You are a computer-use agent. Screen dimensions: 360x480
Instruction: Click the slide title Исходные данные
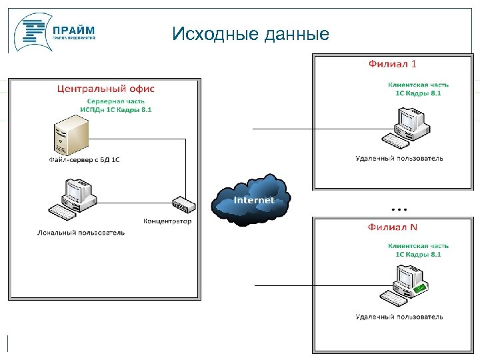point(250,34)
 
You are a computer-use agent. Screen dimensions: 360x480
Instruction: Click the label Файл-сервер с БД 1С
point(84,160)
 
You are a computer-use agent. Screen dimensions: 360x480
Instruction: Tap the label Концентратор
point(167,221)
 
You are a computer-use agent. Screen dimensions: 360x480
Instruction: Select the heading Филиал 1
point(393,64)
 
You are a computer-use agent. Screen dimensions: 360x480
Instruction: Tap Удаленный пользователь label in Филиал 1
point(399,158)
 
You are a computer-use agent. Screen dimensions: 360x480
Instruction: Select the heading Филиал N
point(393,227)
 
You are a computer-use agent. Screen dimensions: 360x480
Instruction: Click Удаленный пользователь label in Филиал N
point(399,317)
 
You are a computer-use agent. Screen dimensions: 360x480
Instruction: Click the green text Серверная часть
point(116,101)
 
